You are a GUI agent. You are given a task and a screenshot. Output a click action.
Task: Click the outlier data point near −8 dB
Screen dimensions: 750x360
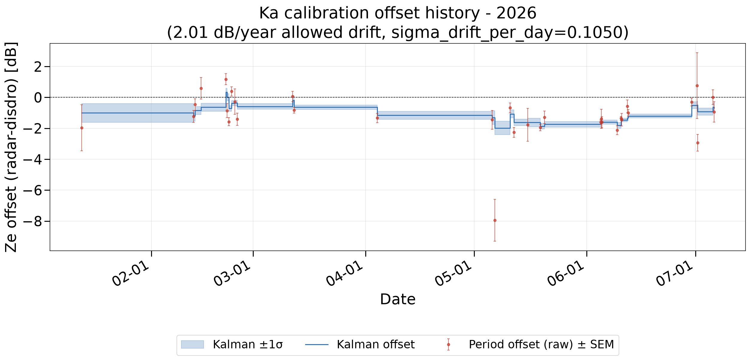pos(495,221)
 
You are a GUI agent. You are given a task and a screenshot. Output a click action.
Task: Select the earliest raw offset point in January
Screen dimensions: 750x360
pos(82,128)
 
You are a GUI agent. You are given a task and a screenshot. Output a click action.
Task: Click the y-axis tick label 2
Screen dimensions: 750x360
pos(38,67)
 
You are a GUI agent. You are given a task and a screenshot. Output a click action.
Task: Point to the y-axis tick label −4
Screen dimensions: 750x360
pos(33,160)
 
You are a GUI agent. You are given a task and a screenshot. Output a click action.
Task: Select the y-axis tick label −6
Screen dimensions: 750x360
pos(33,191)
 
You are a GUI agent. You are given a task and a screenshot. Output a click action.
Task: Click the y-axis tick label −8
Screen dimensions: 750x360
pos(33,222)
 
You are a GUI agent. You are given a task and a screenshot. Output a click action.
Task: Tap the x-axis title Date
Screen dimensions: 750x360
pos(398,300)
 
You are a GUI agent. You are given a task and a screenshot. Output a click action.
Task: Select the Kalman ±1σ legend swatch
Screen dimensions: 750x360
pos(192,344)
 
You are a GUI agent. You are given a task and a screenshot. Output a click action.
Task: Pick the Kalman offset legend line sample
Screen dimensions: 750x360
pos(317,345)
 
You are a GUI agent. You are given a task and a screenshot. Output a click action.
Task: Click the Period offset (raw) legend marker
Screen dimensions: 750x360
pos(448,344)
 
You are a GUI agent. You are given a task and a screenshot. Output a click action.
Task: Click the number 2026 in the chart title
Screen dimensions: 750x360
pos(516,13)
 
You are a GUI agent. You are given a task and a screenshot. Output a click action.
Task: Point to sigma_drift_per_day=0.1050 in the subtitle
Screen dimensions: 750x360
pos(505,33)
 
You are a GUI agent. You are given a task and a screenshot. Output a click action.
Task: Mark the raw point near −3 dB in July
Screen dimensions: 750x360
pos(698,143)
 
